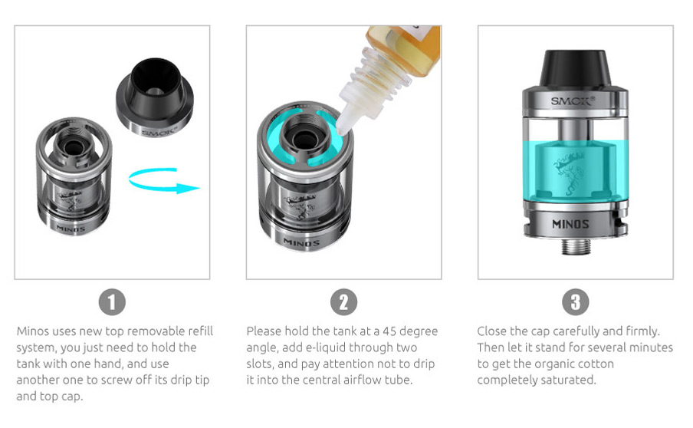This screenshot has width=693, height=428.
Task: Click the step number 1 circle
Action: (x=112, y=302)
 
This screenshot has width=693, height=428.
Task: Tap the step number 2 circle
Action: (x=343, y=302)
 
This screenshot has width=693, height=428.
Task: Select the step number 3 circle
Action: (x=575, y=302)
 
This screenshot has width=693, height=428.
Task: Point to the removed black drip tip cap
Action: (x=155, y=97)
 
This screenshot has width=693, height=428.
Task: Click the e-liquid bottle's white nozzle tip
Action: (x=342, y=129)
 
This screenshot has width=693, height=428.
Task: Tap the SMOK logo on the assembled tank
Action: (x=573, y=101)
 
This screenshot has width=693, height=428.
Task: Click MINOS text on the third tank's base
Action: (x=570, y=224)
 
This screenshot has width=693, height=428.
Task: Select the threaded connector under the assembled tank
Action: (x=576, y=246)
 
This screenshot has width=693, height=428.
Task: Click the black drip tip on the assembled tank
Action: (x=575, y=68)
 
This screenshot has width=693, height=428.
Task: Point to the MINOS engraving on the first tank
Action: (x=71, y=229)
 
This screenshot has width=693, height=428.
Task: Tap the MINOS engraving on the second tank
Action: (x=301, y=242)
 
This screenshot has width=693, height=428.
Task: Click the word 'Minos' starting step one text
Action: (x=33, y=331)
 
